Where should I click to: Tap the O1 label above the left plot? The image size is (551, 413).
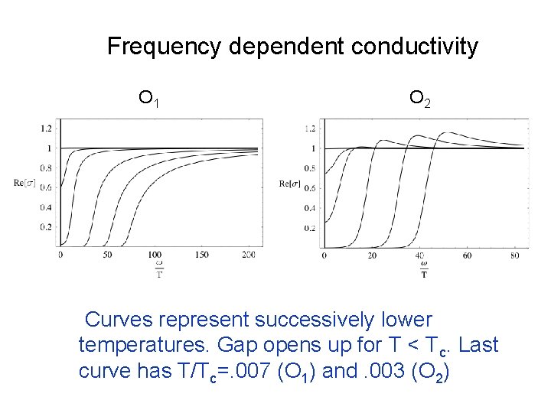coord(148,98)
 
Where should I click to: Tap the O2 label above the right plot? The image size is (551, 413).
coord(419,98)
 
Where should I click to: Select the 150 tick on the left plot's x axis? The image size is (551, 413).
coord(202,255)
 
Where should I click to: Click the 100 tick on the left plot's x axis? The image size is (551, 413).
coord(155,255)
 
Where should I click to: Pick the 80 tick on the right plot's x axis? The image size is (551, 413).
coord(515,255)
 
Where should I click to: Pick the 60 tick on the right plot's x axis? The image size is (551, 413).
coord(467,255)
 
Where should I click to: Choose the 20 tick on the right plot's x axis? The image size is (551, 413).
coord(372,255)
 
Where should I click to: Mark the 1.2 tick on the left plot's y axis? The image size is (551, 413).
coord(47,128)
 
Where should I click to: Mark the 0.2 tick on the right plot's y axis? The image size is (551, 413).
coord(311,228)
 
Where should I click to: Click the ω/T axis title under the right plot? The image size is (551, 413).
coord(424,270)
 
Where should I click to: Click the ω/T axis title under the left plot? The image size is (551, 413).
coord(159,270)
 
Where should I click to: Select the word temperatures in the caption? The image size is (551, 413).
coord(144,346)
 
